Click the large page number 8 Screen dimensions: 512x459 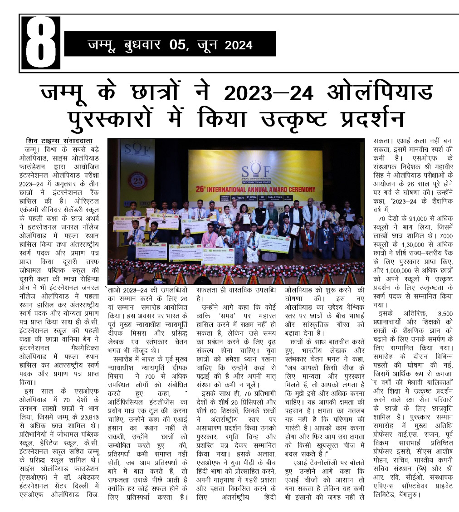tap(40, 44)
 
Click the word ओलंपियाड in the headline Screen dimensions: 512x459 tap(377, 93)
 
